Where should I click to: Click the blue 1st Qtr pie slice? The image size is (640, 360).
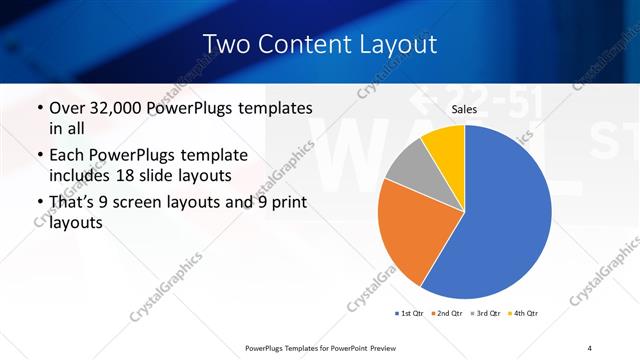(505, 215)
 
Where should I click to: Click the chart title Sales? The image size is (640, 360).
(465, 110)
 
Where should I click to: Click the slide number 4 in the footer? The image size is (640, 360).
(589, 347)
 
